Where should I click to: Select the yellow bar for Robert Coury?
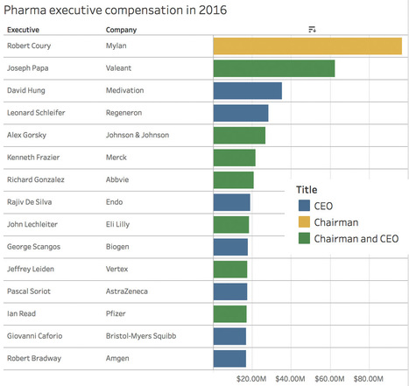click(x=307, y=46)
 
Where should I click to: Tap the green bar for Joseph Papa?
click(x=274, y=67)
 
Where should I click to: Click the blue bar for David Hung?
click(x=248, y=90)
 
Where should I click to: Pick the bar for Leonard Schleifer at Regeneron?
click(x=241, y=112)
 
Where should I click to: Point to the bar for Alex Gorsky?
click(x=239, y=135)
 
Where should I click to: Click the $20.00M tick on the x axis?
click(x=252, y=379)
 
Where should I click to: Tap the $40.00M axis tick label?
click(x=291, y=379)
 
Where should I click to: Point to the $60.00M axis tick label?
click(x=329, y=379)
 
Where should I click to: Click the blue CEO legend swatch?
click(x=304, y=206)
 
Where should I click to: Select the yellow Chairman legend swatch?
click(x=304, y=221)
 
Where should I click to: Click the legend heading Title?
click(x=307, y=189)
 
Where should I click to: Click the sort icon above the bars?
click(x=312, y=30)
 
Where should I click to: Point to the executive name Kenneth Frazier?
click(x=34, y=158)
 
